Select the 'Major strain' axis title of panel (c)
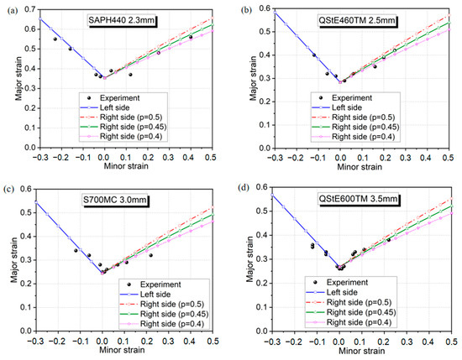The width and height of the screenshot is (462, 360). [8, 263]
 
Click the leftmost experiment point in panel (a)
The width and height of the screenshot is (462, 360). [55, 39]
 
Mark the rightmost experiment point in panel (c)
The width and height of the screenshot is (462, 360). [151, 254]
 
